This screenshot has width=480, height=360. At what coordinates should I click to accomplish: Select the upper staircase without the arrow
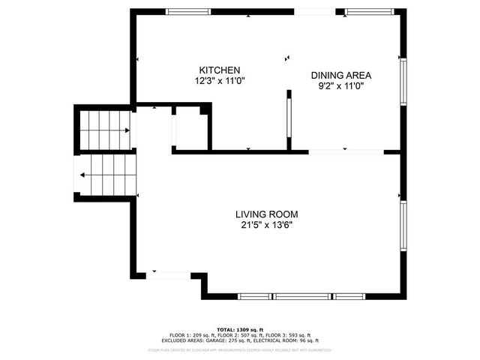click(105, 128)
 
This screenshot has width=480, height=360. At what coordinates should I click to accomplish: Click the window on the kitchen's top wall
click(188, 11)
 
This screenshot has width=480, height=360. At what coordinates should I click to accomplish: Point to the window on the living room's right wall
click(403, 225)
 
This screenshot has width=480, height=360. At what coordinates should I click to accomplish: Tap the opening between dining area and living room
click(346, 151)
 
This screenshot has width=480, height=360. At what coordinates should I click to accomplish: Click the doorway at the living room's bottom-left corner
click(168, 275)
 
